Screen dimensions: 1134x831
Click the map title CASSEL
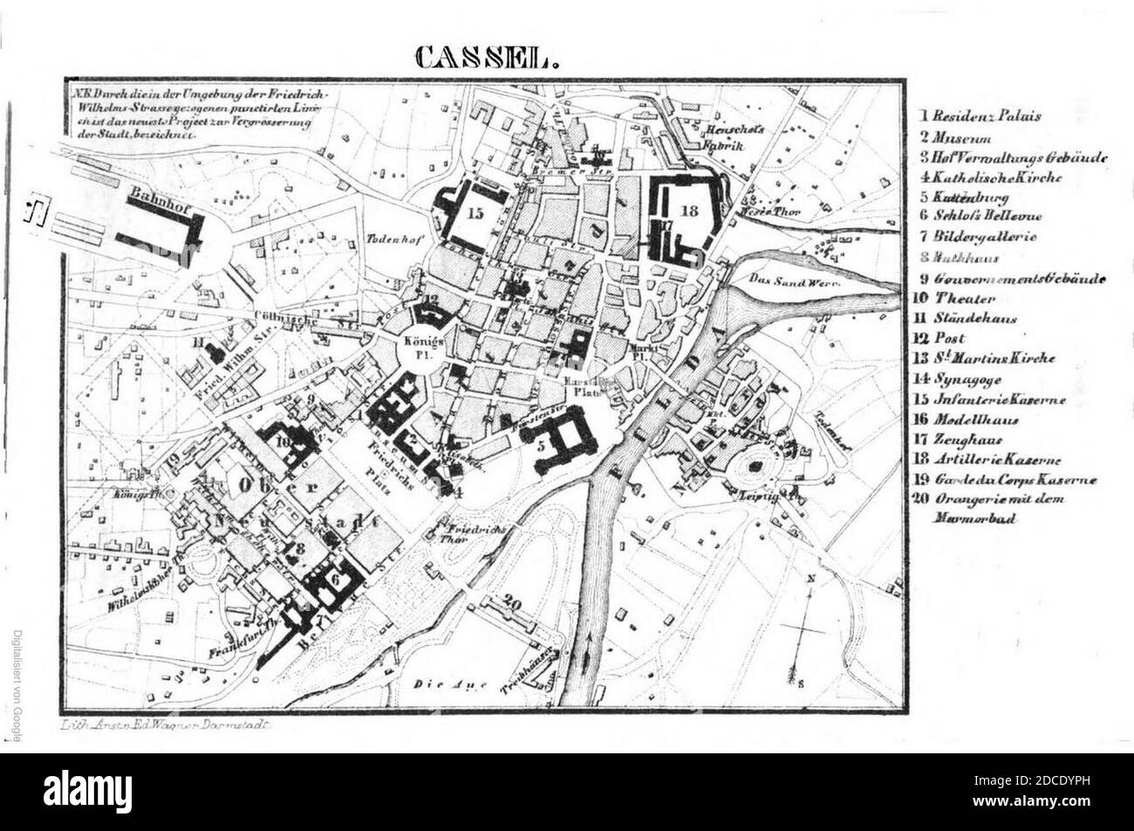click(x=485, y=57)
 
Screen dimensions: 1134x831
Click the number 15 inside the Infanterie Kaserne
click(x=475, y=213)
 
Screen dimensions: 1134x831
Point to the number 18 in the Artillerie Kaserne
click(x=690, y=210)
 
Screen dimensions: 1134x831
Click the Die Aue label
click(x=450, y=684)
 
